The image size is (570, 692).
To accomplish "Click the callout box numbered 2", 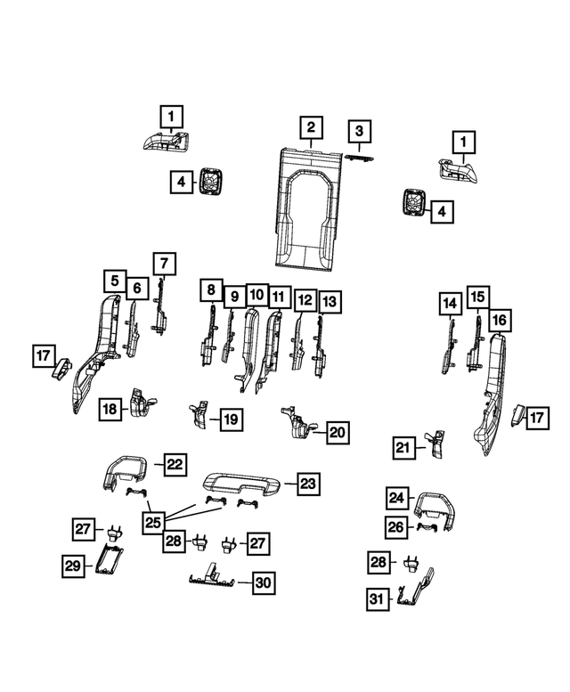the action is (311, 127).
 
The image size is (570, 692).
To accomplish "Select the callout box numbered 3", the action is (359, 131).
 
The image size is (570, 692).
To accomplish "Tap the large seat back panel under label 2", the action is (308, 208).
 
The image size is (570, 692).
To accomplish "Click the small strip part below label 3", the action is (359, 158).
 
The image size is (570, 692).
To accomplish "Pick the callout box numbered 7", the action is (164, 264).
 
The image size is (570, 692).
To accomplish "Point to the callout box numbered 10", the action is (256, 295).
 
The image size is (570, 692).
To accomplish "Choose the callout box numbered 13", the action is (330, 302).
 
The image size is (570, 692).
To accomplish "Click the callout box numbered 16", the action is (500, 320).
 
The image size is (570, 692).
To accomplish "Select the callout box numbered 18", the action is (110, 409).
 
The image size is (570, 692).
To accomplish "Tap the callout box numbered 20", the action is (338, 432).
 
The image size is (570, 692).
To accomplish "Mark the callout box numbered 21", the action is (403, 448).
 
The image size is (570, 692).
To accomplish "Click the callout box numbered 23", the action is (308, 484).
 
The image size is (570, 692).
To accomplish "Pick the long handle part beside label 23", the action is (241, 482).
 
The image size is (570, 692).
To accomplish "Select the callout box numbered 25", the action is (153, 523).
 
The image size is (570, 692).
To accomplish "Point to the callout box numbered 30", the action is (264, 582).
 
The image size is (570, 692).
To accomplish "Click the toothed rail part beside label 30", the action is (212, 579).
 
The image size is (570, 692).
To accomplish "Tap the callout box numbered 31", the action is (378, 599).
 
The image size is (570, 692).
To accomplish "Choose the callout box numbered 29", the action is (73, 566).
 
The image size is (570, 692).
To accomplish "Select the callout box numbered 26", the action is (395, 527).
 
